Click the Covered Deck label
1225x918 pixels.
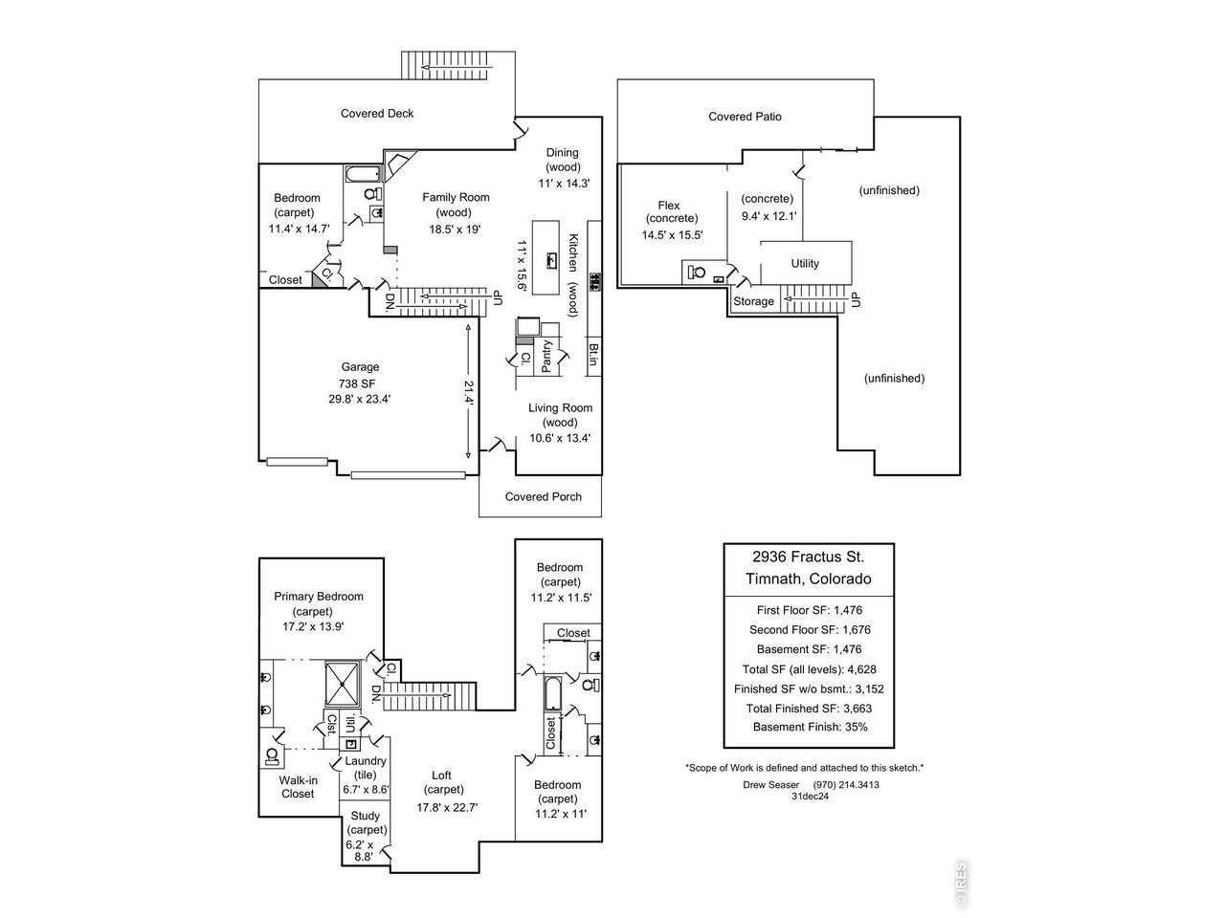pos(377,114)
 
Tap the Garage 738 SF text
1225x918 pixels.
pos(360,382)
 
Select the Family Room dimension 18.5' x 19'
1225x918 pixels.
pos(456,229)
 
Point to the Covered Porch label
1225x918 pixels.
pos(543,497)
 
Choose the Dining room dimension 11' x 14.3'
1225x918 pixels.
pos(562,183)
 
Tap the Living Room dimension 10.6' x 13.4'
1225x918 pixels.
pos(560,439)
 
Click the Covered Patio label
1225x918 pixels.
pos(745,117)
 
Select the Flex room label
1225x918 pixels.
pos(669,206)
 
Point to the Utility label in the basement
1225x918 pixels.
pos(805,264)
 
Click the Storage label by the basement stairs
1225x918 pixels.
pos(753,302)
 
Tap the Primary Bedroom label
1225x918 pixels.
pos(319,597)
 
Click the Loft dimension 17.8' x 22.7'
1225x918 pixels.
pos(447,807)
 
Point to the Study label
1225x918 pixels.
pos(365,817)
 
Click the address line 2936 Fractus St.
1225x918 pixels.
pos(808,557)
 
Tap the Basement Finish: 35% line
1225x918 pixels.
pos(810,727)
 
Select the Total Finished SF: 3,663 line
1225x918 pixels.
pos(809,709)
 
